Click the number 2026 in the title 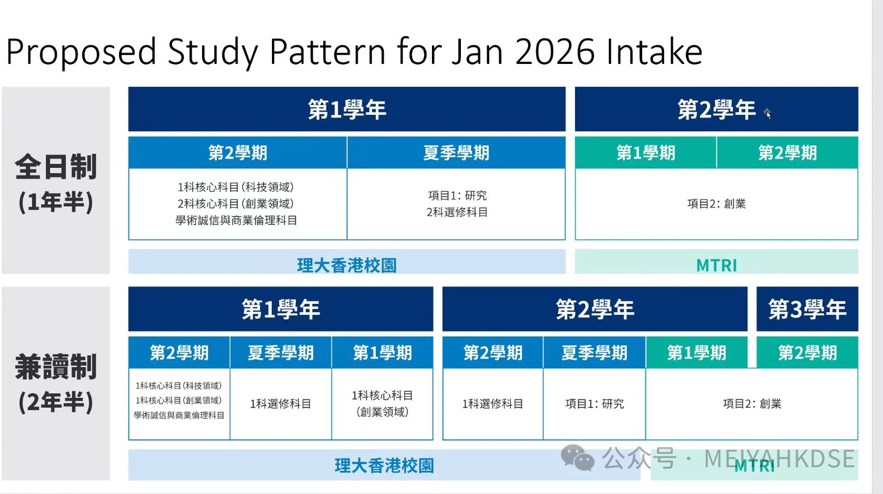tap(554, 52)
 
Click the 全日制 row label tap(56, 167)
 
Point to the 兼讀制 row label tap(56, 367)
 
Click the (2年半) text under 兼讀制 tap(56, 402)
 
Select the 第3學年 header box tap(807, 309)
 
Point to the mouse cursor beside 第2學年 tap(767, 113)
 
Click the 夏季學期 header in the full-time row tap(456, 152)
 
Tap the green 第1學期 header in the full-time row tap(645, 152)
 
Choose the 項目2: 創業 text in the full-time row tap(716, 204)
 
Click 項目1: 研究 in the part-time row tap(594, 404)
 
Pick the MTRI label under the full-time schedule tap(716, 266)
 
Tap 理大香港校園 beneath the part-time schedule tap(384, 466)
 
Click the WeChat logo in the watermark tap(577, 457)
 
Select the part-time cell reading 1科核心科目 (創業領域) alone tap(382, 403)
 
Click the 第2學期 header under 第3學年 tap(807, 352)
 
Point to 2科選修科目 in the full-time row tap(457, 212)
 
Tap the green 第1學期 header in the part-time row tap(696, 352)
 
